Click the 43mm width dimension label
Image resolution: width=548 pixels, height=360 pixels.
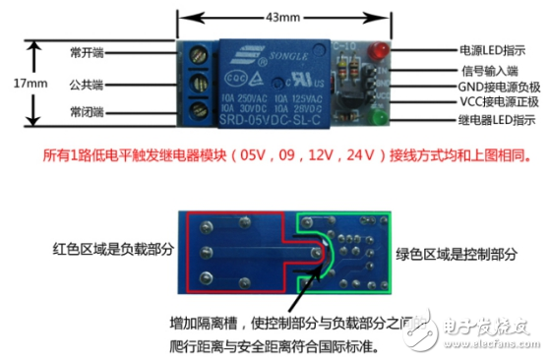point(281,17)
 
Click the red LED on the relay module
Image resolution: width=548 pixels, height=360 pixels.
point(377,52)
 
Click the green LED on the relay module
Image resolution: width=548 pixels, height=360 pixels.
point(376,120)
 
